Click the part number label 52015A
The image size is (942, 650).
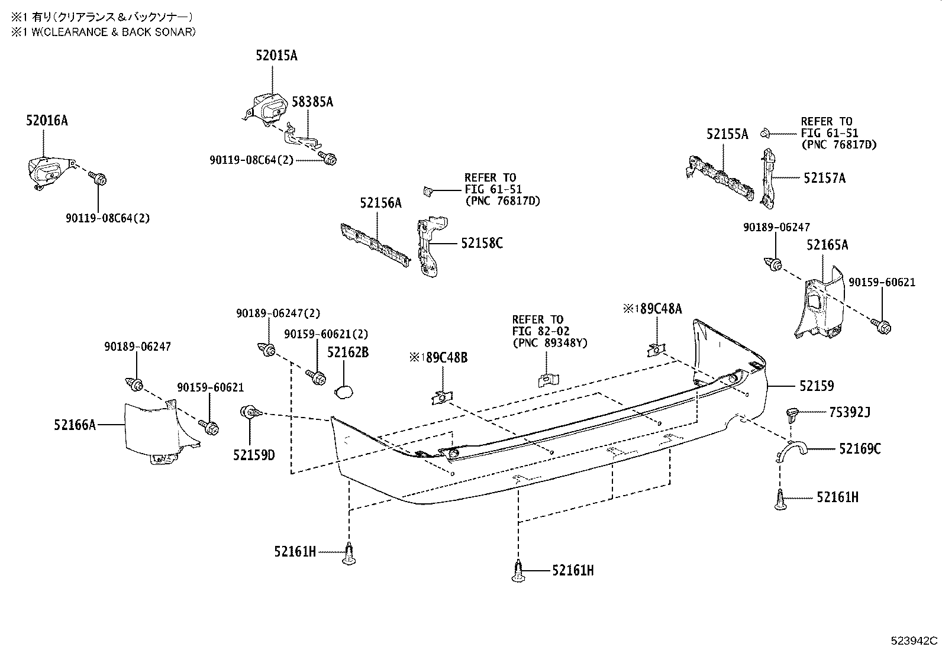pos(276,56)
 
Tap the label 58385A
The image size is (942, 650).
pos(312,102)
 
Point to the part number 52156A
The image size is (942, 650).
pos(380,203)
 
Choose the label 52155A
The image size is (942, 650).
pos(727,134)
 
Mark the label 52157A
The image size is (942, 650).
pos(824,178)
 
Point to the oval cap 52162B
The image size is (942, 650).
pos(344,391)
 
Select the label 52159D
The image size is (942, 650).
pos(254,455)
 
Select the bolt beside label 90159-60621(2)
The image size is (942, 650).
pos(317,376)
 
